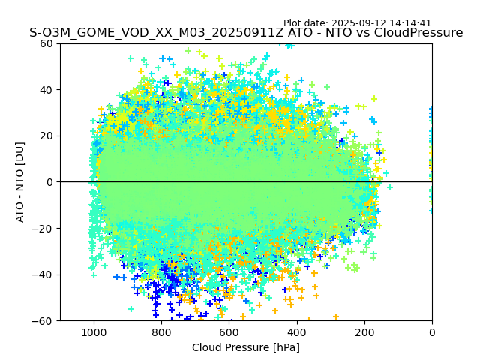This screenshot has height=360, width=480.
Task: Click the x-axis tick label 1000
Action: click(x=94, y=332)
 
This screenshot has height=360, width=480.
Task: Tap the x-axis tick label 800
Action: click(x=161, y=332)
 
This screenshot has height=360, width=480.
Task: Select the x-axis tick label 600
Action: click(x=229, y=332)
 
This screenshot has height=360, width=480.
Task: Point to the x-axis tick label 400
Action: click(x=296, y=332)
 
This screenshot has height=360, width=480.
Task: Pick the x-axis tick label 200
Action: click(x=364, y=332)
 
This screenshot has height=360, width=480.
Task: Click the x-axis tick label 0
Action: click(x=432, y=332)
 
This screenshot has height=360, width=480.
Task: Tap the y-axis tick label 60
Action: click(x=47, y=43)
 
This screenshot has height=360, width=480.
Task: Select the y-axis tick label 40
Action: click(x=47, y=90)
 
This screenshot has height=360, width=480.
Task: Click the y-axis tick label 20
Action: click(x=47, y=136)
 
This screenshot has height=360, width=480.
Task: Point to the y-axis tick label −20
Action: click(x=44, y=229)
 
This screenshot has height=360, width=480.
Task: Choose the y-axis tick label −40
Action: click(x=44, y=274)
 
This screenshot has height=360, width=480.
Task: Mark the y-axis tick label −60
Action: click(x=44, y=321)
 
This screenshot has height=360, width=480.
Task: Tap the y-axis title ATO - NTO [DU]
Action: click(x=21, y=182)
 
